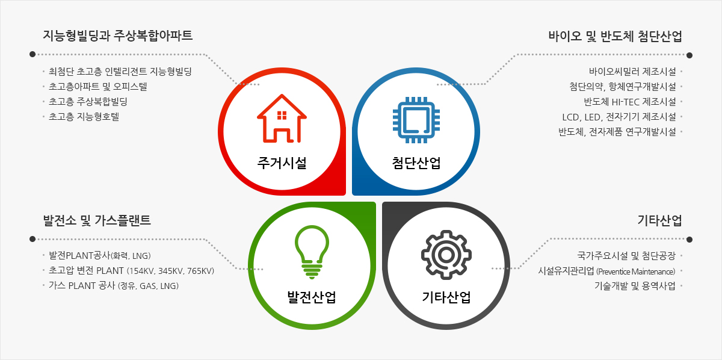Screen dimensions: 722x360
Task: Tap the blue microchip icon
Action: pyautogui.click(x=416, y=120)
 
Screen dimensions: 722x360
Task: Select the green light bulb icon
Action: pyautogui.click(x=312, y=252)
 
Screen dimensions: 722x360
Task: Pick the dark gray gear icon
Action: pyautogui.click(x=446, y=255)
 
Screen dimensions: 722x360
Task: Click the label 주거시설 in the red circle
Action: pyautogui.click(x=282, y=163)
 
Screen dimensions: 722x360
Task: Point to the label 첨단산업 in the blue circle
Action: pyautogui.click(x=416, y=163)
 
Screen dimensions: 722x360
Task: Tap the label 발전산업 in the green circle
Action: pyautogui.click(x=312, y=297)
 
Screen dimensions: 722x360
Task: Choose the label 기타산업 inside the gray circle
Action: pyautogui.click(x=446, y=297)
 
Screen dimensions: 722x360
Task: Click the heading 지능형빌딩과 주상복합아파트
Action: pyautogui.click(x=118, y=36)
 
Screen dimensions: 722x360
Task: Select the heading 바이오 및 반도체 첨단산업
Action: pyautogui.click(x=616, y=36)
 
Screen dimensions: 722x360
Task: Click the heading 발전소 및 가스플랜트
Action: pyautogui.click(x=97, y=220)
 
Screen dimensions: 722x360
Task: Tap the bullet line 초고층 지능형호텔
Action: pyautogui.click(x=84, y=116)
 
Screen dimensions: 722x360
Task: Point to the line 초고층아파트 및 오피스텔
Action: pyautogui.click(x=97, y=87)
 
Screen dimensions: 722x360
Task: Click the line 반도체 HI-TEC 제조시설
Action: pyautogui.click(x=630, y=102)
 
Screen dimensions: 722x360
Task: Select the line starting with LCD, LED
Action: pyautogui.click(x=619, y=117)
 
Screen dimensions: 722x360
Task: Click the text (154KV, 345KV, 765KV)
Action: pyautogui.click(x=170, y=271)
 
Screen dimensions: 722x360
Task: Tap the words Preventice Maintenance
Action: pyautogui.click(x=635, y=272)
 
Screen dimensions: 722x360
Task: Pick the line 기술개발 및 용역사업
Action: pyautogui.click(x=635, y=286)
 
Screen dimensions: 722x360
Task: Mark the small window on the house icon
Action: pyautogui.click(x=282, y=115)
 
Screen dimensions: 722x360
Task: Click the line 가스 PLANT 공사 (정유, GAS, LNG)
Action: pyautogui.click(x=114, y=286)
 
